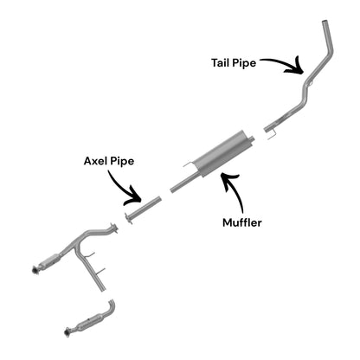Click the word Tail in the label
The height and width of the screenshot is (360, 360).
coord(220,62)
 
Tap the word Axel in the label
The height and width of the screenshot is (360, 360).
coord(95,161)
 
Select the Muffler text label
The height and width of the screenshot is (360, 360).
coord(242,222)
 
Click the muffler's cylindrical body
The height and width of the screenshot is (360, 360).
coord(220,154)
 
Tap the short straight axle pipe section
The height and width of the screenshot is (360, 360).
coord(145,208)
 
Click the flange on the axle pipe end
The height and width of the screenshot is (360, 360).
coord(128,218)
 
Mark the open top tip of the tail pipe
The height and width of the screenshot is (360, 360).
coord(325,22)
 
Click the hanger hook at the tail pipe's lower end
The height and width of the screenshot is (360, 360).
coord(272,134)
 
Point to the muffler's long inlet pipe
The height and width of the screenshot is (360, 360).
coord(184,183)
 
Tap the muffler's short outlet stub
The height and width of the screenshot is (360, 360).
coord(252,138)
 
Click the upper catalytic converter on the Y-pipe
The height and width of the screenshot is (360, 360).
coord(49,260)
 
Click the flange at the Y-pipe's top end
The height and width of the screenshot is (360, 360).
coord(114,228)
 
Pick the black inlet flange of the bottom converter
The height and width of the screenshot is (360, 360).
coord(67,331)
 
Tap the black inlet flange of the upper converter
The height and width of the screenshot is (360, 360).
coord(35,269)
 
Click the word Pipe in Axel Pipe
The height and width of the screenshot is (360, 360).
coord(122,161)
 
